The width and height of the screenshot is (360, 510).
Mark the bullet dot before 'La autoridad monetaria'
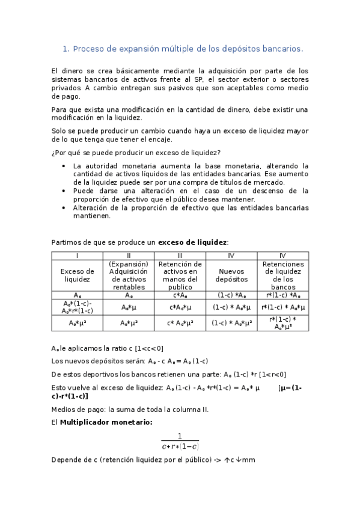coord(64,165)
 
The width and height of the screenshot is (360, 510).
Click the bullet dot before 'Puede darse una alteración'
coord(64,191)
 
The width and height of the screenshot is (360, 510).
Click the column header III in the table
coord(180,255)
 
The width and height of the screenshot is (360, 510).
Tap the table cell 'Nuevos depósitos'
coord(231,275)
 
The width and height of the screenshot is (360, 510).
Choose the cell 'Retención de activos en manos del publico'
coord(180,275)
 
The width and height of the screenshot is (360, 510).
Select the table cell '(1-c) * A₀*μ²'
coord(231,323)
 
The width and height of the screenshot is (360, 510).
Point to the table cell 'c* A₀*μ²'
coord(180,323)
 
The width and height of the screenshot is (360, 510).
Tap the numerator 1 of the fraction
coord(179,436)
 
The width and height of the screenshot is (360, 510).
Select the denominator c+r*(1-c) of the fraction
coord(180,447)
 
